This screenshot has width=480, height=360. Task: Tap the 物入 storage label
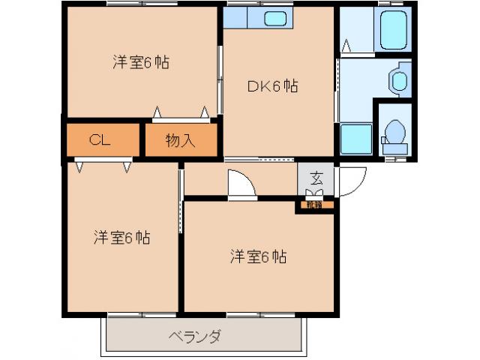pyautogui.click(x=180, y=140)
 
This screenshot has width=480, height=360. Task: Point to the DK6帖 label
pyautogui.click(x=273, y=86)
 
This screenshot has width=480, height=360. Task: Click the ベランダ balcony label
pyautogui.click(x=193, y=336)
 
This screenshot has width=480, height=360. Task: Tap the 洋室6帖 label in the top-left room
pyautogui.click(x=141, y=62)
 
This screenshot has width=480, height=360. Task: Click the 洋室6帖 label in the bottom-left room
pyautogui.click(x=121, y=238)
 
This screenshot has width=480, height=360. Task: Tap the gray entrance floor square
pyautogui.click(x=316, y=180)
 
